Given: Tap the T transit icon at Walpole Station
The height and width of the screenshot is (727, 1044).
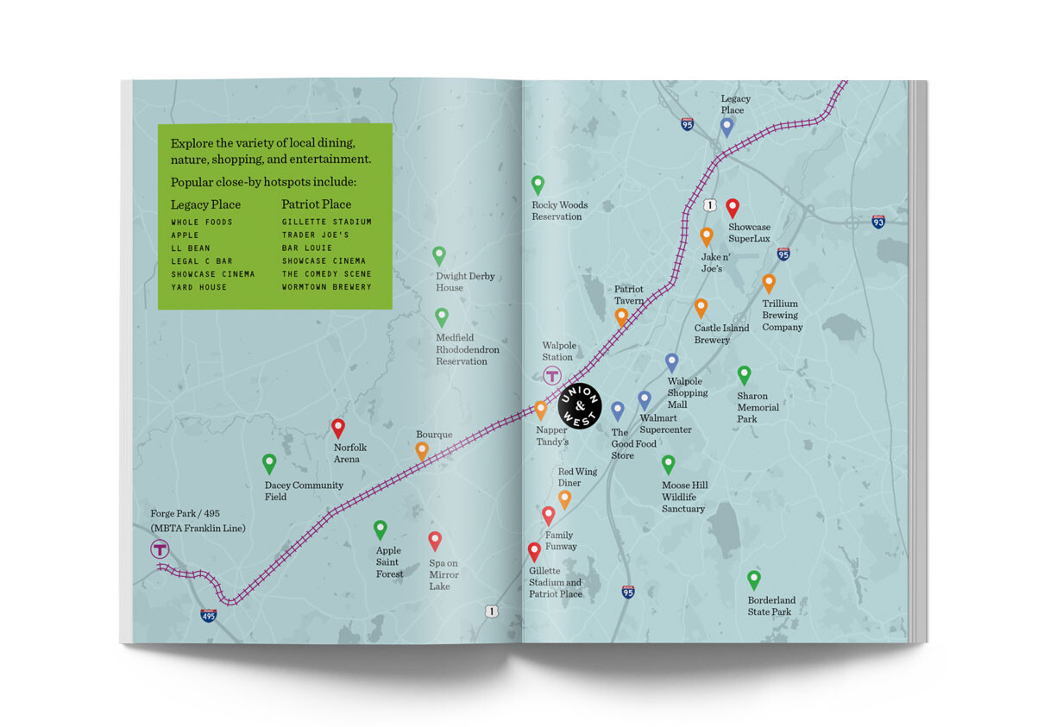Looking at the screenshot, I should pyautogui.click(x=551, y=375).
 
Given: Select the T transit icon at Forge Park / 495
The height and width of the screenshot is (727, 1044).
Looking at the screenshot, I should pyautogui.click(x=160, y=549).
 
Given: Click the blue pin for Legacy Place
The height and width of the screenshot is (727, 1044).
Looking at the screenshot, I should pyautogui.click(x=726, y=127).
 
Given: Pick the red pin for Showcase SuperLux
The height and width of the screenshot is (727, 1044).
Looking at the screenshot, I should pyautogui.click(x=733, y=207).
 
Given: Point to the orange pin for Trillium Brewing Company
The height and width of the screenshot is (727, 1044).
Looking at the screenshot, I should pyautogui.click(x=769, y=283).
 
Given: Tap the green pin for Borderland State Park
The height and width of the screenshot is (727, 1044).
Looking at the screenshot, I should pyautogui.click(x=753, y=580).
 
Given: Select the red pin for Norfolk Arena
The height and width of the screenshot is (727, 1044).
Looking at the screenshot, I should pyautogui.click(x=338, y=428).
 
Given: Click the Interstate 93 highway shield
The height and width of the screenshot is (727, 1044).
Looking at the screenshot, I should pyautogui.click(x=877, y=222).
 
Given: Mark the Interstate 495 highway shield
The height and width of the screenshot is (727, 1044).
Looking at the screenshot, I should pyautogui.click(x=208, y=615).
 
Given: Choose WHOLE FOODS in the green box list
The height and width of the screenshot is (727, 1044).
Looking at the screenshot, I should pyautogui.click(x=201, y=222).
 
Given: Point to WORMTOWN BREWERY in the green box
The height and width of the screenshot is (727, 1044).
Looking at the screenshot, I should pyautogui.click(x=326, y=287).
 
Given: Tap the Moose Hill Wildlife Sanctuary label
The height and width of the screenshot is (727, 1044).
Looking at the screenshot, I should pyautogui.click(x=684, y=497).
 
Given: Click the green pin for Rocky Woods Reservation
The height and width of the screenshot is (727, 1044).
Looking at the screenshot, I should pyautogui.click(x=538, y=185).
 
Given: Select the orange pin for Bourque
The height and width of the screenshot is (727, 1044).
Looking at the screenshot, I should pyautogui.click(x=422, y=450).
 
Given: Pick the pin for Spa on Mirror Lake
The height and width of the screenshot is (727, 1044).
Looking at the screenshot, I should pyautogui.click(x=435, y=541).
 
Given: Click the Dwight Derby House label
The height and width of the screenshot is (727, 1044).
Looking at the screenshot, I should pyautogui.click(x=465, y=282).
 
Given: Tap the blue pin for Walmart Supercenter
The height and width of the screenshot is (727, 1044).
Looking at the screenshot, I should pyautogui.click(x=645, y=400).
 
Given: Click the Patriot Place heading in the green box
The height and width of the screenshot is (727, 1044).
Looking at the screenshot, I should pyautogui.click(x=316, y=204).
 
